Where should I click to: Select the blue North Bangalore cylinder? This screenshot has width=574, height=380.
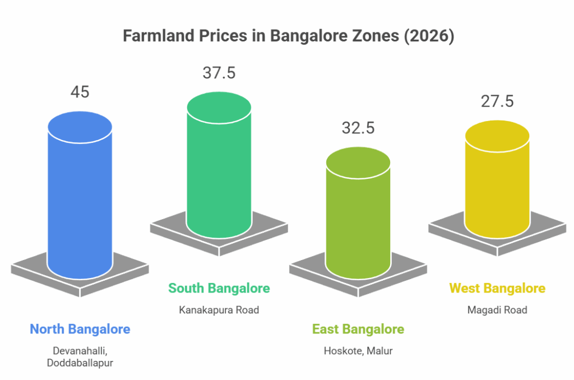pos(80,202)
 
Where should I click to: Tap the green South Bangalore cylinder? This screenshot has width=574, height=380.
pos(219,168)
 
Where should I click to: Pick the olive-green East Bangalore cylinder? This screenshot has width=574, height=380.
pos(358,219)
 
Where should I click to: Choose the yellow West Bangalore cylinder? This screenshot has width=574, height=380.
pos(497,185)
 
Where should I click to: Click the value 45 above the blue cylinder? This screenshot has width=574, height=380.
pos(80,92)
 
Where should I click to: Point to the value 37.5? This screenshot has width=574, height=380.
pos(219,72)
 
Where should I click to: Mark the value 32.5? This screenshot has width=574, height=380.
pos(358,127)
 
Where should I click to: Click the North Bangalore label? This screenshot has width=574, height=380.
pos(80,329)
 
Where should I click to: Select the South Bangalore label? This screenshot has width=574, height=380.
pos(219,289)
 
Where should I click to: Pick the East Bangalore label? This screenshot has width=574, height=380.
pos(358,329)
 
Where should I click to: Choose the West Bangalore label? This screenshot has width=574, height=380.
pos(497,289)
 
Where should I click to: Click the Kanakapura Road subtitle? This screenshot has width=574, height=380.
pos(219,310)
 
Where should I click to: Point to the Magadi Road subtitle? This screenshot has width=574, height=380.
pos(497,310)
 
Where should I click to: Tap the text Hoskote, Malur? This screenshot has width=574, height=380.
pos(358,351)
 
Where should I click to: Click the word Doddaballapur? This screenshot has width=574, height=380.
pos(80,363)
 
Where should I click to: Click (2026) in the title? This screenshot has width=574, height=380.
pos(428,36)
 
